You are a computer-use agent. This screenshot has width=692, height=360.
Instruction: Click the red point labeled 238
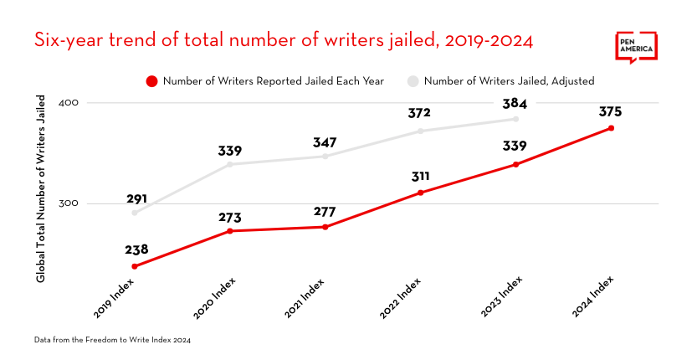pyautogui.click(x=135, y=266)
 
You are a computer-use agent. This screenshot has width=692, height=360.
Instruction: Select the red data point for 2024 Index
pyautogui.click(x=612, y=128)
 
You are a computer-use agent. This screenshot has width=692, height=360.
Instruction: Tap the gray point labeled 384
pyautogui.click(x=516, y=119)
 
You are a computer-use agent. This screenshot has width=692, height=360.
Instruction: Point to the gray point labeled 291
pyautogui.click(x=135, y=213)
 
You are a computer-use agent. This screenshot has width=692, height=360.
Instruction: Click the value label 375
pyautogui.click(x=611, y=111)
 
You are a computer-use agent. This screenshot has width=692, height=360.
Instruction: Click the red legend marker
pyautogui.click(x=151, y=81)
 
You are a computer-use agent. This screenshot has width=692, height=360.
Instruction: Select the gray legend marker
pyautogui.click(x=413, y=81)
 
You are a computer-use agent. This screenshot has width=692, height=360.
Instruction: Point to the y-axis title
pyautogui.click(x=40, y=188)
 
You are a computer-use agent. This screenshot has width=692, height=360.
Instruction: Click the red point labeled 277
pyautogui.click(x=325, y=227)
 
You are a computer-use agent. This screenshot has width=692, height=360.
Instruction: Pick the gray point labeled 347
pyautogui.click(x=325, y=157)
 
